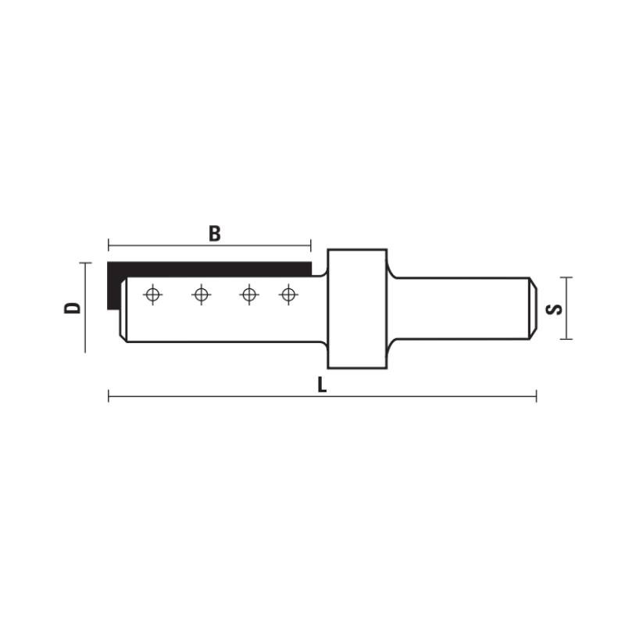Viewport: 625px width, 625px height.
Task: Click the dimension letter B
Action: click(x=214, y=234)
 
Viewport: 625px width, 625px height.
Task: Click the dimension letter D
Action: click(x=73, y=308)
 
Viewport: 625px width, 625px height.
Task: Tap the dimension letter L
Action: click(x=322, y=385)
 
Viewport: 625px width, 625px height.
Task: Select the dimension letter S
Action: click(x=554, y=309)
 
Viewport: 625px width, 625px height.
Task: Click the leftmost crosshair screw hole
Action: click(x=152, y=295)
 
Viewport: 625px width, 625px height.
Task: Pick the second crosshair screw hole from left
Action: click(x=202, y=295)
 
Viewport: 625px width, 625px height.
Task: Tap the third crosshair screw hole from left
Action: click(x=249, y=295)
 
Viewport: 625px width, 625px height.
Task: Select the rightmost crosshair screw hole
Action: click(x=288, y=295)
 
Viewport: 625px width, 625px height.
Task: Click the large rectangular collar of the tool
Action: click(x=357, y=309)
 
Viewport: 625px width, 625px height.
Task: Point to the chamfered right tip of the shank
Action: click(x=534, y=309)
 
